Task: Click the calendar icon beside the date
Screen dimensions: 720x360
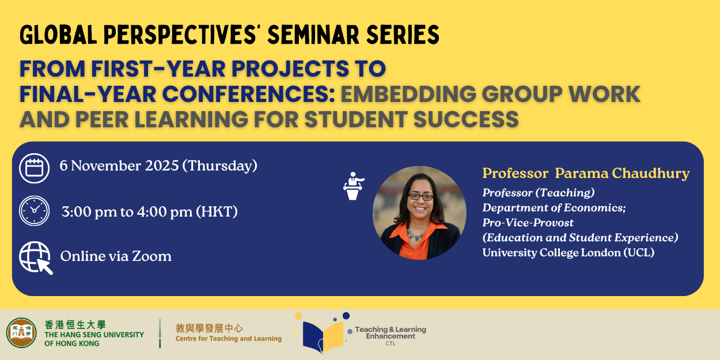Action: point(34,168)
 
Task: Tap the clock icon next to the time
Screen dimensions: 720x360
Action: point(34,211)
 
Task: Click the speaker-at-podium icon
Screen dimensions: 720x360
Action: point(353,186)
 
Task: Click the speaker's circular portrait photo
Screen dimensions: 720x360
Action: point(419,213)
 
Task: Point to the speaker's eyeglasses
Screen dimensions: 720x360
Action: point(420,196)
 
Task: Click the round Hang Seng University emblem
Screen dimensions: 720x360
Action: point(21,333)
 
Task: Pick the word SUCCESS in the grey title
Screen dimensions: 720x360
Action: point(466,119)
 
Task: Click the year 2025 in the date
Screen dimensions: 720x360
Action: point(162,166)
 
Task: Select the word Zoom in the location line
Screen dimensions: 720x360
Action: point(151,256)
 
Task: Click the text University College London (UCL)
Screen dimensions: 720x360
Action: point(569,253)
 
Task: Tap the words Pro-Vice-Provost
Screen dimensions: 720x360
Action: point(528,222)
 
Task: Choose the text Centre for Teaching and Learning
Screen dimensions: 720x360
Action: point(228,339)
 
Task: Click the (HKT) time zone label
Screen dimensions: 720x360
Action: point(217,212)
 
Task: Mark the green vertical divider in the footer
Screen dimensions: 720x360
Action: point(160,333)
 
